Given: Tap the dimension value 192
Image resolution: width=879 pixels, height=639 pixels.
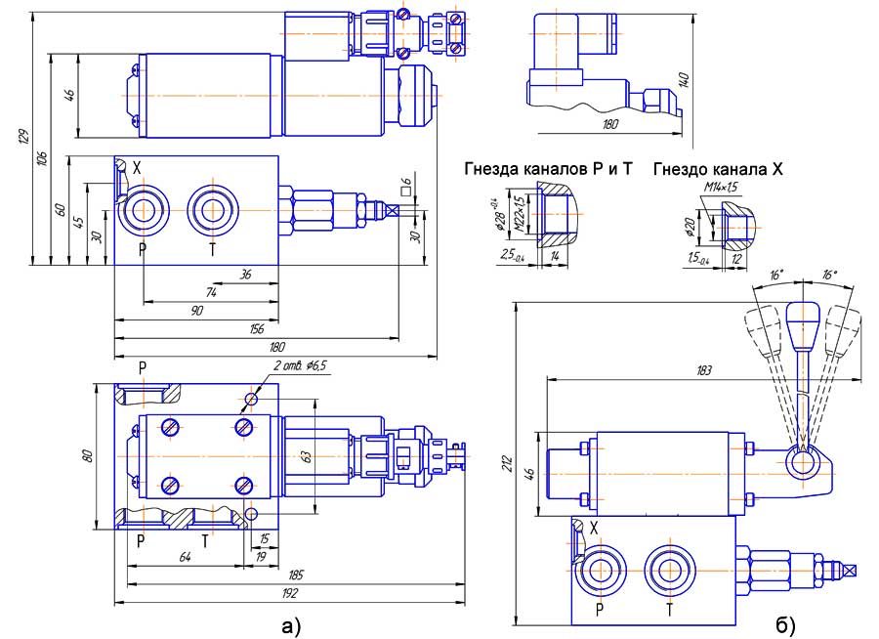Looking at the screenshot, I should [289, 592].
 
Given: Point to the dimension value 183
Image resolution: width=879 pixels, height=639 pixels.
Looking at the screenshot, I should [705, 370].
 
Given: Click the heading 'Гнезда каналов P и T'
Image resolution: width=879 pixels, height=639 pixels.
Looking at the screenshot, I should [549, 169].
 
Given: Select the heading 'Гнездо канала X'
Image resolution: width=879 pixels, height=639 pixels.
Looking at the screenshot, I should [719, 169].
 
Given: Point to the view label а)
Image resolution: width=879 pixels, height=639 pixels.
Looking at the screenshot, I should [291, 622].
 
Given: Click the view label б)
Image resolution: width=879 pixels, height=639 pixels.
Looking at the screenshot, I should [786, 622].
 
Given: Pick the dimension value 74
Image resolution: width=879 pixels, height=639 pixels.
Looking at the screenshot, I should [211, 292].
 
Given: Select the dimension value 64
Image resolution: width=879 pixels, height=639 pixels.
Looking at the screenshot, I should [183, 556].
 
